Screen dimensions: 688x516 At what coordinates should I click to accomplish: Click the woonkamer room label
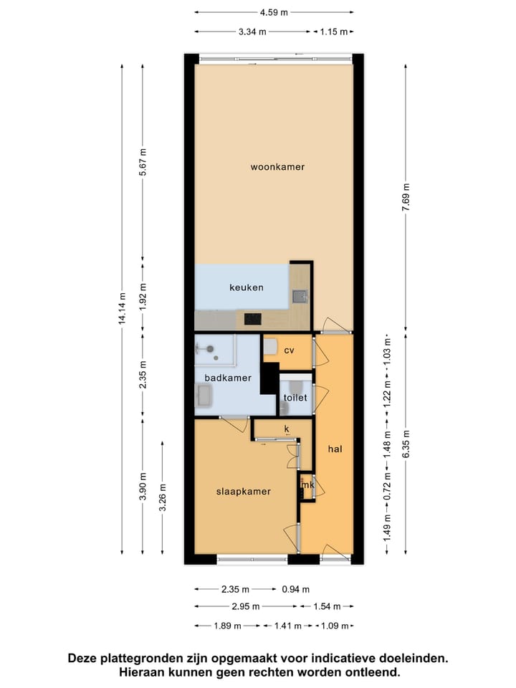pos(277,167)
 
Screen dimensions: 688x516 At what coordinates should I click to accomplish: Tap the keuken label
pos(246,287)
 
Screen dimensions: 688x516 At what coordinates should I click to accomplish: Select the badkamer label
pos(222,378)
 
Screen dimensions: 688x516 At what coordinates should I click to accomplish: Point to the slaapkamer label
pos(244,492)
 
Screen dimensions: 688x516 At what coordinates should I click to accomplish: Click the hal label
pos(335,449)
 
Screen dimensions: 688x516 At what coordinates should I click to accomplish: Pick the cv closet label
pos(290,350)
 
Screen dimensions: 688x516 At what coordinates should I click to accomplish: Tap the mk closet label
pos(308,485)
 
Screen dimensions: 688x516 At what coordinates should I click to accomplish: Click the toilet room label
pos(295,397)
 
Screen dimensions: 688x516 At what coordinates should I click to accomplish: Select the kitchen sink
pos(300,295)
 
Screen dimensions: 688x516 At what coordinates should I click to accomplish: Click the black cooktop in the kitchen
pos(252,320)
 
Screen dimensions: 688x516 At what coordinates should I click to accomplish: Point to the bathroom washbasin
pos(204,395)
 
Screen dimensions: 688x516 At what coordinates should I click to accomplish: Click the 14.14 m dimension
pos(123,309)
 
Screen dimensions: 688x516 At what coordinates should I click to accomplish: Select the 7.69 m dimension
pos(406,196)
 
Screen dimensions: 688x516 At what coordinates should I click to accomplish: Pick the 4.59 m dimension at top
pos(273,12)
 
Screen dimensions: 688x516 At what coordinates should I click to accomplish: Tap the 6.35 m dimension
pos(406,443)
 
